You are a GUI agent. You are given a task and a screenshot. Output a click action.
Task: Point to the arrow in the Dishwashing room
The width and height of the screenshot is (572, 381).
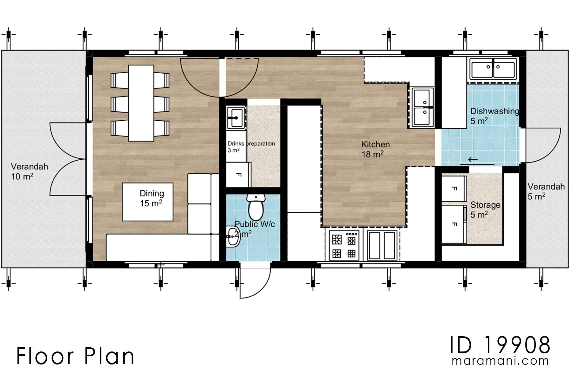point(473,160)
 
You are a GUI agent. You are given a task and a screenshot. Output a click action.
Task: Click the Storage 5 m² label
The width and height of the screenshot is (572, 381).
point(485,210)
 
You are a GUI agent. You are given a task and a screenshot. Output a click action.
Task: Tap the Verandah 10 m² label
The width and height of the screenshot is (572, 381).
point(29,171)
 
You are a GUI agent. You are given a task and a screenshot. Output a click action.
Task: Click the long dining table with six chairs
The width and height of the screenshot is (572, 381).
point(141,103)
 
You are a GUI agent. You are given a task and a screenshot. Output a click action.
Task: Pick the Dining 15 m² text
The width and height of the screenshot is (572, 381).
point(152,198)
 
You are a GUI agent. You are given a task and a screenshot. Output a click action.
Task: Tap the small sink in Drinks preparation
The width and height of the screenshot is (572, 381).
point(235,117)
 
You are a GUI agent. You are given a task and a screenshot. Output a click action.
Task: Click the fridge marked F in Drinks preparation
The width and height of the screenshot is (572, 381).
point(238,175)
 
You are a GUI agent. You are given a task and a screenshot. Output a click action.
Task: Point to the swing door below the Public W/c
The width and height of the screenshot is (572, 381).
point(254,281)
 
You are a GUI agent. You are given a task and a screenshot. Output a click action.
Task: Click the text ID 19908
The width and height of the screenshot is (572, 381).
point(500,345)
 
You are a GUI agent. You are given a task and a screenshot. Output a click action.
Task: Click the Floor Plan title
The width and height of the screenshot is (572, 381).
point(75,356)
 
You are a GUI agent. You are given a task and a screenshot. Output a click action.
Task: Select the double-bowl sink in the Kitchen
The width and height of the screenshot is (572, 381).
point(423,107)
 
